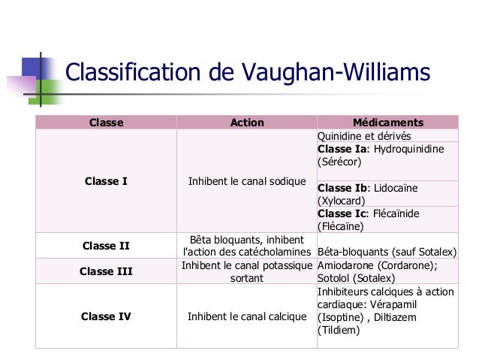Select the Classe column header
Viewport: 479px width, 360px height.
pos(106,123)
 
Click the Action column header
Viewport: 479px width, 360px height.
pos(247,123)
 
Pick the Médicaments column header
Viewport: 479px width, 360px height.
pos(388,123)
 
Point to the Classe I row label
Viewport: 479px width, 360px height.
pos(106,181)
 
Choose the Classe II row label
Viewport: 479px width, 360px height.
pos(106,245)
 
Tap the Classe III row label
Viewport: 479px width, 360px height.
pos(106,271)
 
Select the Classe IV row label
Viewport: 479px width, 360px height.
pos(106,316)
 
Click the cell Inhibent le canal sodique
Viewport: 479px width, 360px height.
pos(247,181)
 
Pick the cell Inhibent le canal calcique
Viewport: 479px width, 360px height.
pos(247,316)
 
